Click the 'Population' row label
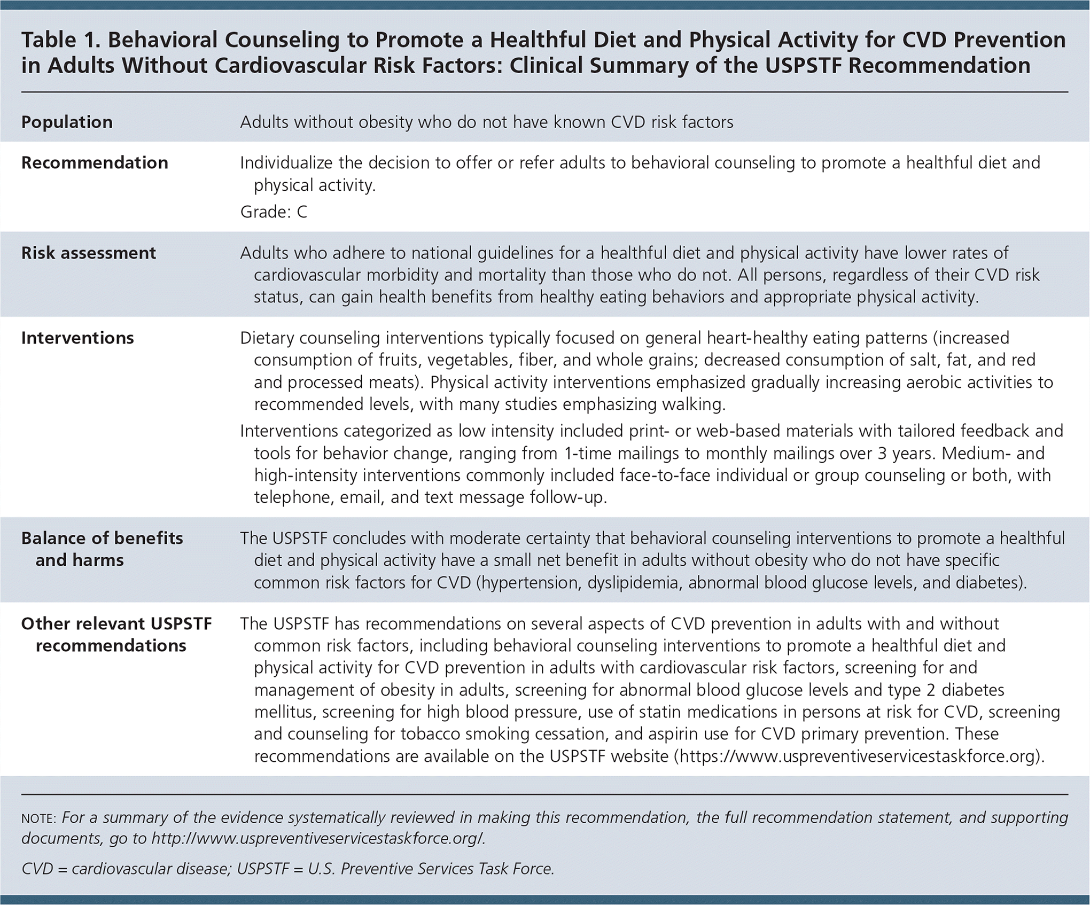pyautogui.click(x=67, y=122)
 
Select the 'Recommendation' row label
pyautogui.click(x=95, y=163)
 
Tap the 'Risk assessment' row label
pyautogui.click(x=89, y=253)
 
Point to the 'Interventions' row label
pyautogui.click(x=77, y=338)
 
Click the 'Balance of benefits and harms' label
pyautogui.click(x=102, y=549)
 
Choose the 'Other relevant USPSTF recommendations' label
pyautogui.click(x=116, y=635)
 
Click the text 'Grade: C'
pyautogui.click(x=274, y=212)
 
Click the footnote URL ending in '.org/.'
pyautogui.click(x=318, y=839)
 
